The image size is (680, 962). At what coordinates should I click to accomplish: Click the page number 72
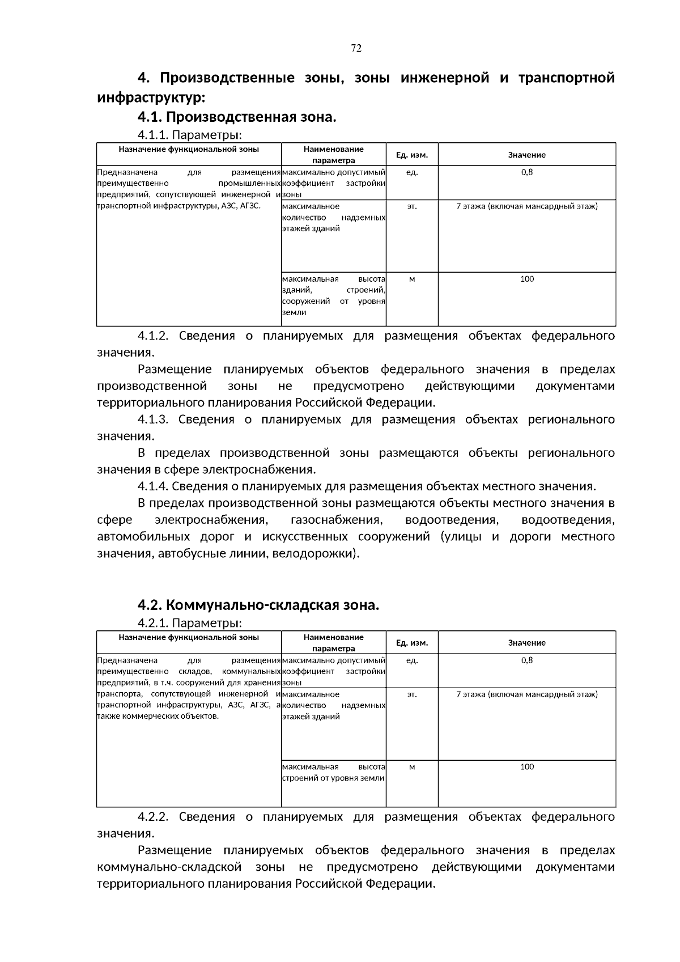356,48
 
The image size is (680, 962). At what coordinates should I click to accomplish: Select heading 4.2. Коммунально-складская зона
258,605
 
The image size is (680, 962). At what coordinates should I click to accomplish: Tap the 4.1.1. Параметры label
189,135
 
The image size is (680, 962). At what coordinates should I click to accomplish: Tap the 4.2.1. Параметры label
189,623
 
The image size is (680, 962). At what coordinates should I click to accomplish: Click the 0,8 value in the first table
526,172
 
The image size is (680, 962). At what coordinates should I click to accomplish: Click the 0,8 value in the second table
526,660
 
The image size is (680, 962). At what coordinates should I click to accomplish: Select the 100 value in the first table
526,279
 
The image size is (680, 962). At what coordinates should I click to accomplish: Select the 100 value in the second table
526,767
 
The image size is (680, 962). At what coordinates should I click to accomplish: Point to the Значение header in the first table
526,155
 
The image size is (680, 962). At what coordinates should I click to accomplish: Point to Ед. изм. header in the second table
412,643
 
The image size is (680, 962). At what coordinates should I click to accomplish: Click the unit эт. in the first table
412,206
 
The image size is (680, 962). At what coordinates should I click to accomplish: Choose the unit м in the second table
412,767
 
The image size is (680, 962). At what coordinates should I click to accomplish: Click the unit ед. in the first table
412,172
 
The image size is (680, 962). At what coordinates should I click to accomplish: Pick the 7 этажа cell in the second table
526,694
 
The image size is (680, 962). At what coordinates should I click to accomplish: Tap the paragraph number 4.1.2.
153,336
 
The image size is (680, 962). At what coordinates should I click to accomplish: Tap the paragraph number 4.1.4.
153,486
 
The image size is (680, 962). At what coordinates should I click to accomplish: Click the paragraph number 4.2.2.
153,817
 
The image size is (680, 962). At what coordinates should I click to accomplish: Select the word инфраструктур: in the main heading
149,98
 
